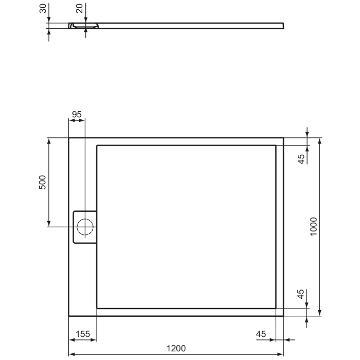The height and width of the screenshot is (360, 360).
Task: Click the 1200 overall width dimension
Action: click(x=176, y=349)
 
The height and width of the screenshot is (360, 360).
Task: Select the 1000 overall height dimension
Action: click(x=314, y=226)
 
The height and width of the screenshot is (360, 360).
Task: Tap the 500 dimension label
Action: click(x=43, y=183)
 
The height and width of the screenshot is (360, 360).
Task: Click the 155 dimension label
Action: click(x=83, y=334)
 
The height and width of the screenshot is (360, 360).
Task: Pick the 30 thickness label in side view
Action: click(x=43, y=9)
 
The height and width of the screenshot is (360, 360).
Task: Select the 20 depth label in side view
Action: click(x=79, y=9)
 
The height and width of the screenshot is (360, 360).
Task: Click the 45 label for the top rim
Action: click(x=302, y=158)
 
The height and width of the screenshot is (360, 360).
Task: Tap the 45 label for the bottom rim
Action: click(x=302, y=295)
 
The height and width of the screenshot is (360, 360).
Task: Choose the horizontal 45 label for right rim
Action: click(x=261, y=334)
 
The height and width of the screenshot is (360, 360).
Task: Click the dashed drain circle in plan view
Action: click(x=84, y=227)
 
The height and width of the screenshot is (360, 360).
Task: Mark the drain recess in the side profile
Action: click(x=85, y=25)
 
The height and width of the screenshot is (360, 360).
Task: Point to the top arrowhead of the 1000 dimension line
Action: click(x=320, y=140)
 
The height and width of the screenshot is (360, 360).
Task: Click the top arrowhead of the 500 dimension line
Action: click(x=49, y=140)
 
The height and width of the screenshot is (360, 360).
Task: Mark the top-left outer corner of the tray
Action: click(x=69, y=138)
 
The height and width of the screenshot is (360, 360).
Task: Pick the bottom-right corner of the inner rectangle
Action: click(x=276, y=308)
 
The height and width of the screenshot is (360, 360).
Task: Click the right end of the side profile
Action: click(x=283, y=25)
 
